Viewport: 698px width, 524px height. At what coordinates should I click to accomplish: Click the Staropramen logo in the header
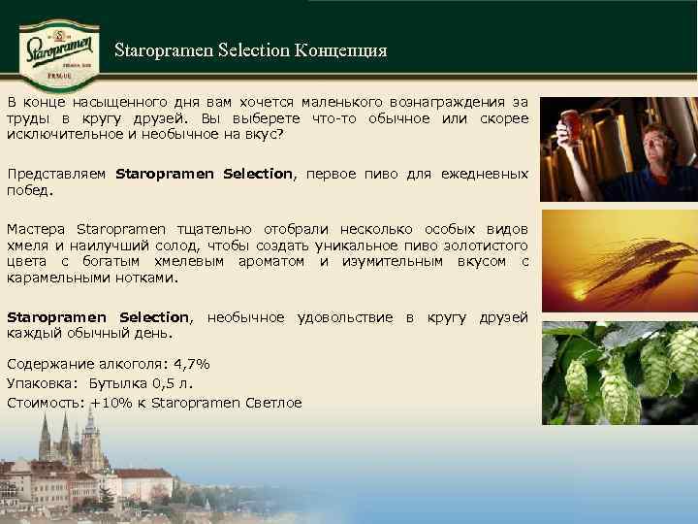(60, 48)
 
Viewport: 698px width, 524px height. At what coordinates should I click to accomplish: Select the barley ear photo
(619, 261)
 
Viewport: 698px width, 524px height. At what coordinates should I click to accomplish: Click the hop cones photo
(619, 373)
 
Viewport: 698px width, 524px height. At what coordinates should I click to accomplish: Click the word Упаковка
(42, 383)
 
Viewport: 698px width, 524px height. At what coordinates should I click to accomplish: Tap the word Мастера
(36, 229)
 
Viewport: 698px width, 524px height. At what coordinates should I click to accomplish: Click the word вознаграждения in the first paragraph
(445, 102)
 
